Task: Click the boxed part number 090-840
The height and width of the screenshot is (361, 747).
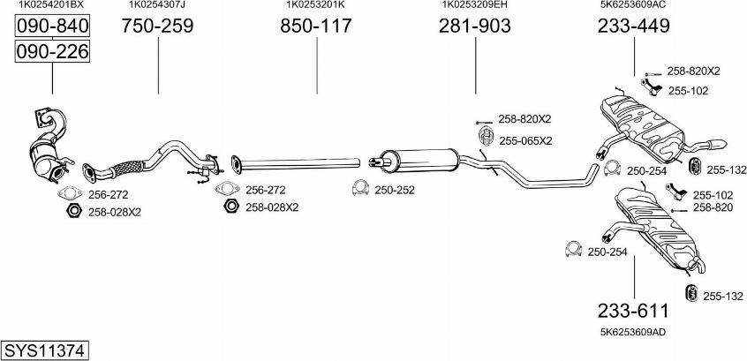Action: [x=52, y=26]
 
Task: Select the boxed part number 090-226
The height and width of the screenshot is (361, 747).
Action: [x=52, y=51]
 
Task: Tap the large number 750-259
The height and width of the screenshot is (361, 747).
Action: [x=158, y=26]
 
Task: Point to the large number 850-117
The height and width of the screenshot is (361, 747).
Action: [x=316, y=26]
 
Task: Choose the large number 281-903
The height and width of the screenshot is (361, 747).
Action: [x=475, y=26]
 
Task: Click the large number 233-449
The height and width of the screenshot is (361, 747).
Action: [x=634, y=26]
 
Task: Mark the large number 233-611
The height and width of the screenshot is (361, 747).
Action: [x=634, y=311]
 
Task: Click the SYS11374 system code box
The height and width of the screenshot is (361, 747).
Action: [x=45, y=351]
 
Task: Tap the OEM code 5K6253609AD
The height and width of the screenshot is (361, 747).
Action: [x=633, y=333]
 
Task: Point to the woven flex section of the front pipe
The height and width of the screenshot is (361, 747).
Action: [x=127, y=168]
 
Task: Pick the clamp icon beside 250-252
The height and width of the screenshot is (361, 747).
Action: [x=360, y=188]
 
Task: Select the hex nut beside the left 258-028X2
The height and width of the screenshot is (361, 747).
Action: [x=73, y=210]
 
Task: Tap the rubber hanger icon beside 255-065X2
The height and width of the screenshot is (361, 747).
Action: [x=486, y=137]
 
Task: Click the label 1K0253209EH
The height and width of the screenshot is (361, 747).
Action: [x=475, y=4]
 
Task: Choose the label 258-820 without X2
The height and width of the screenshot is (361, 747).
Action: [x=713, y=207]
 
